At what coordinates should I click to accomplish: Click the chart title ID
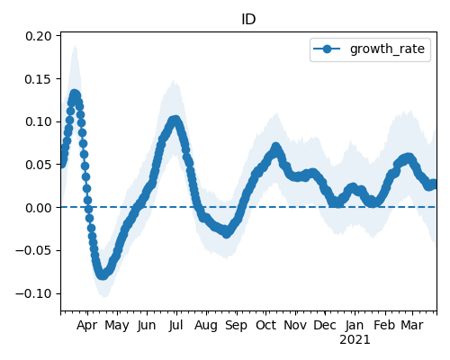(248, 20)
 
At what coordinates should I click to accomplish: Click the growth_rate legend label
(387, 49)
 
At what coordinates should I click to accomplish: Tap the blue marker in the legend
(327, 49)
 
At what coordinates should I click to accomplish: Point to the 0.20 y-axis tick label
(39, 36)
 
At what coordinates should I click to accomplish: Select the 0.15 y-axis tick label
(39, 79)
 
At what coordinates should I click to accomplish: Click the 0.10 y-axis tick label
(39, 121)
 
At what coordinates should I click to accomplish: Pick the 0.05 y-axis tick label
(39, 165)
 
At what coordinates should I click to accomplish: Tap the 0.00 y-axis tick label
(39, 208)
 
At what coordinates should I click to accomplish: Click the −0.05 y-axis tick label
(34, 250)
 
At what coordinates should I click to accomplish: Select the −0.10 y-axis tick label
(34, 293)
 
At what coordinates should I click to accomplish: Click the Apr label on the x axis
(87, 326)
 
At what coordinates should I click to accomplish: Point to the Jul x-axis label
(175, 325)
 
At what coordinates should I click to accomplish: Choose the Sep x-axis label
(237, 326)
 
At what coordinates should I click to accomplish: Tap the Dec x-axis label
(325, 325)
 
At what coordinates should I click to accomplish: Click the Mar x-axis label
(412, 325)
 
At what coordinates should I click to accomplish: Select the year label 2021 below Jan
(355, 340)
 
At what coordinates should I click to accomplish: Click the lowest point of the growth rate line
(103, 274)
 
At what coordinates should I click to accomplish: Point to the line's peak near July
(175, 121)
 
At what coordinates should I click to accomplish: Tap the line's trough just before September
(227, 233)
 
